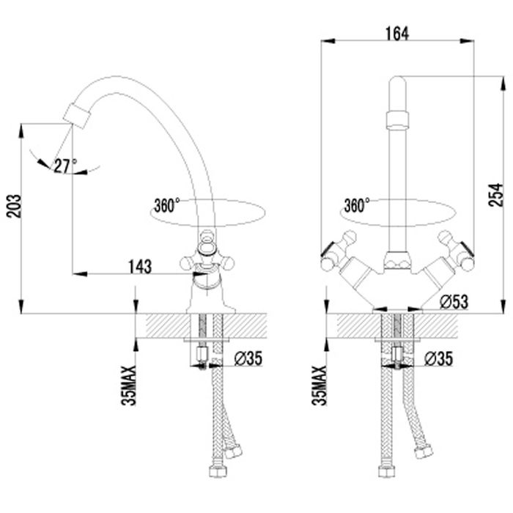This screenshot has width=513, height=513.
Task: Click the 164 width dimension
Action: [397, 34]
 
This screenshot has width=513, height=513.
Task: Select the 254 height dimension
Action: [495, 195]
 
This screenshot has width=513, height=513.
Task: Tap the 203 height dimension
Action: [14, 206]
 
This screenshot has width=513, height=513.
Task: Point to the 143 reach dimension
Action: [140, 267]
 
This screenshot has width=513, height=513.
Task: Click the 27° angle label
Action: [65, 166]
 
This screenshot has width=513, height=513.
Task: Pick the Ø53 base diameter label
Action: [454, 302]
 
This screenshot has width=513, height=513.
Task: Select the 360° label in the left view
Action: [167, 205]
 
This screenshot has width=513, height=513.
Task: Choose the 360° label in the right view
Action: [357, 205]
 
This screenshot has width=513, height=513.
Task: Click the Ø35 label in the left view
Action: [248, 358]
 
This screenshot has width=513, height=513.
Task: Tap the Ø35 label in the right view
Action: [438, 358]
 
